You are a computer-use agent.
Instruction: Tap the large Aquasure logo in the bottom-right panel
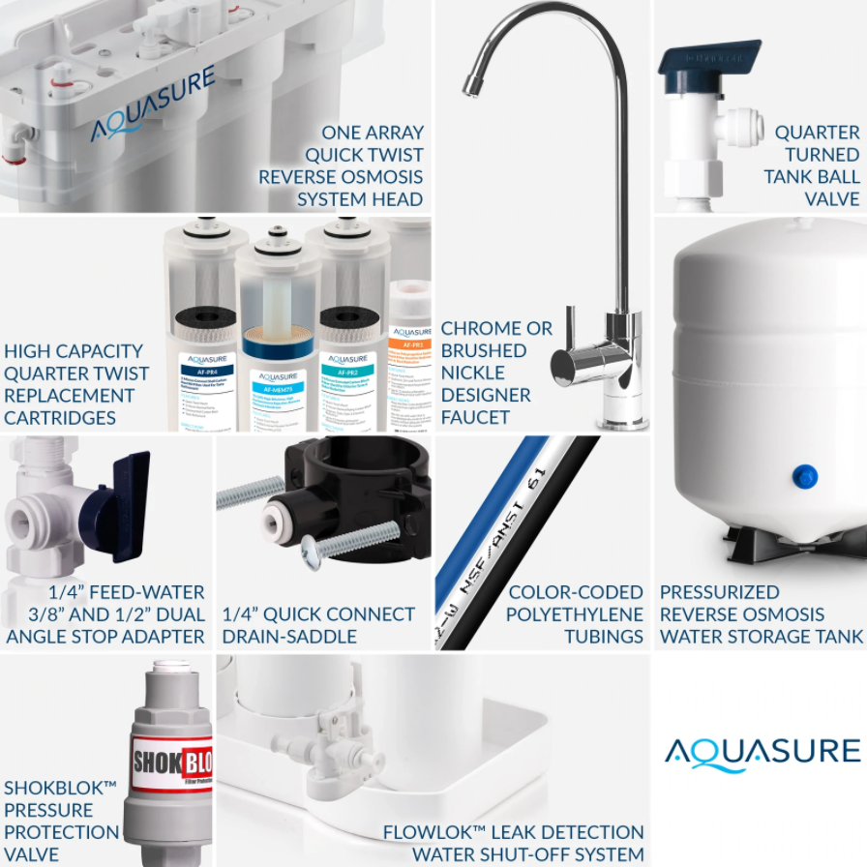pyautogui.click(x=762, y=752)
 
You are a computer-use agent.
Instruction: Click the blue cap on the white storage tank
pyautogui.click(x=804, y=476)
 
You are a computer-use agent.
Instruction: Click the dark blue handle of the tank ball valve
pyautogui.click(x=708, y=58)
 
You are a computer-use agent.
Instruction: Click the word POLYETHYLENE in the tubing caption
pyautogui.click(x=574, y=614)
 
